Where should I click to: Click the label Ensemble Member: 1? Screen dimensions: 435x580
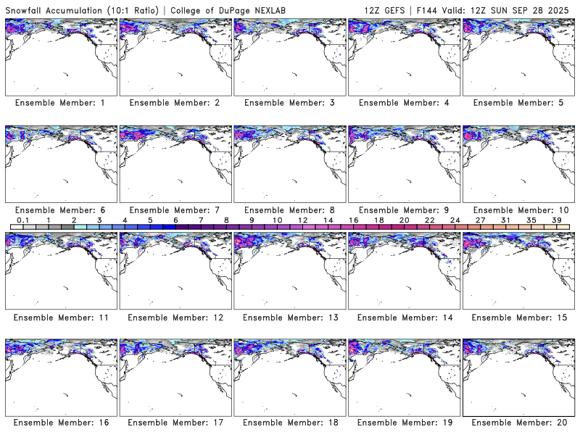pos(60,103)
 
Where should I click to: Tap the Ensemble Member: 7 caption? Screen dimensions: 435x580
pos(175,210)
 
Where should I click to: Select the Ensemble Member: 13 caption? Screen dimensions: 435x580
pos(289,317)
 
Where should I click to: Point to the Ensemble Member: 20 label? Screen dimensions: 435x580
pos(518,423)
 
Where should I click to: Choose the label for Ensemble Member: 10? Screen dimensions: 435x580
pos(518,210)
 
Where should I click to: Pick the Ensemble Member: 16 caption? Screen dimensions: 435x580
pos(60,423)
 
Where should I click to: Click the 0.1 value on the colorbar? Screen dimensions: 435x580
pos(22,220)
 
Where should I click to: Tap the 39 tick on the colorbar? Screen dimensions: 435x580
pos(557,220)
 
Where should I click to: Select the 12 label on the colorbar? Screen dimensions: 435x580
pos(303,220)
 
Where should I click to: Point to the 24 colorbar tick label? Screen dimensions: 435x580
pos(455,220)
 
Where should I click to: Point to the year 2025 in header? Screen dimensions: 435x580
pos(562,9)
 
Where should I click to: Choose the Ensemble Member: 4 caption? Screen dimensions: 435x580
pos(403,103)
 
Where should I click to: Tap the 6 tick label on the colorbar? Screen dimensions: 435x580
pos(175,220)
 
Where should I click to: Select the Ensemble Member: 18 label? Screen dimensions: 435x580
pos(289,423)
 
